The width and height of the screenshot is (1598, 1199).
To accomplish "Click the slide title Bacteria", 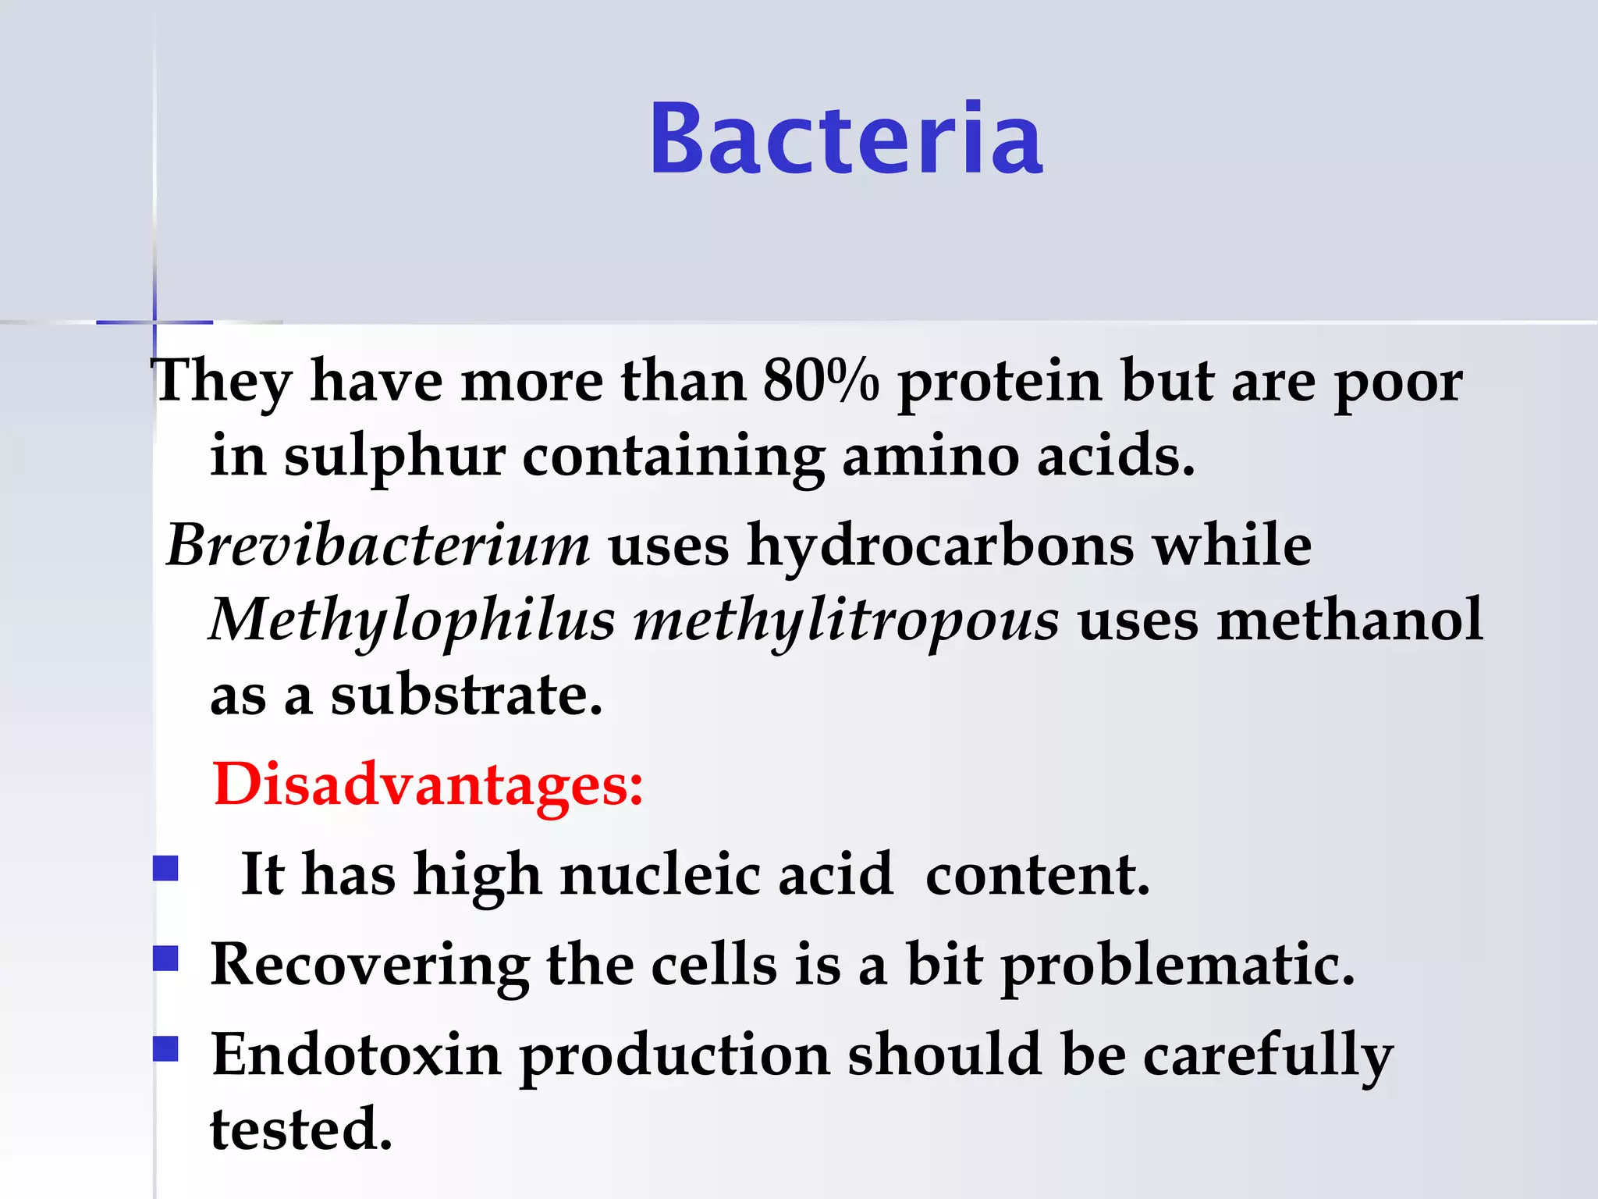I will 846,139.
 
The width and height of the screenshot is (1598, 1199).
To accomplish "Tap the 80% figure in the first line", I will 821,381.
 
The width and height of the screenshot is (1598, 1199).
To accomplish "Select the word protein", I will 1000,382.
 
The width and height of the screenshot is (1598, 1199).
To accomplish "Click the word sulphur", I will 395,457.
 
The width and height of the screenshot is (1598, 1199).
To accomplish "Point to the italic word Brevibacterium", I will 378,544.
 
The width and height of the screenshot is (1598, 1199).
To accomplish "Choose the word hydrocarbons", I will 940,546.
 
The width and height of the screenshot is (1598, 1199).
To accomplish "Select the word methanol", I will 1350,620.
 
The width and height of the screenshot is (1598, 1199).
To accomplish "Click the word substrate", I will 466,695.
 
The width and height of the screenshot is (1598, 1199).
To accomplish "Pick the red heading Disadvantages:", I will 428,784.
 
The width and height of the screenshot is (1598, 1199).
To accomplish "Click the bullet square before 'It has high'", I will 165,868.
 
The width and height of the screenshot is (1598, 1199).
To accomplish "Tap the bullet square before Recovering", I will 165,958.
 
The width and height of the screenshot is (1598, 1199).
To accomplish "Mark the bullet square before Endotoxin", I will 165,1048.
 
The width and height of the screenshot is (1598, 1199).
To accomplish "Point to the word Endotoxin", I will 356,1054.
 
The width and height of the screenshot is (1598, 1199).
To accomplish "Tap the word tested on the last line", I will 301,1129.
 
